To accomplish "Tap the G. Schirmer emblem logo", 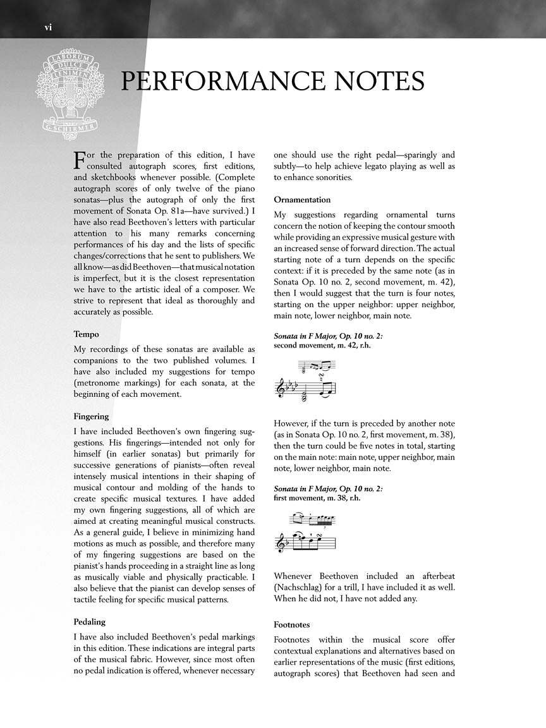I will pos(71,90).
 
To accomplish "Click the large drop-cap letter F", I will pos(79,159).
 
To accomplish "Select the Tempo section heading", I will pos(87,334).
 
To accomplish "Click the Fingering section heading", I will pos(92,416).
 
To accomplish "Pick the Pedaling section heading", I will pos(90,622).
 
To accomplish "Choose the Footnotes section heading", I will pos(294,624).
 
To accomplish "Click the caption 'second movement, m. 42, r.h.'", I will pos(328,346).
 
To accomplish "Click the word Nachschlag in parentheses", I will pos(300,588).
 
